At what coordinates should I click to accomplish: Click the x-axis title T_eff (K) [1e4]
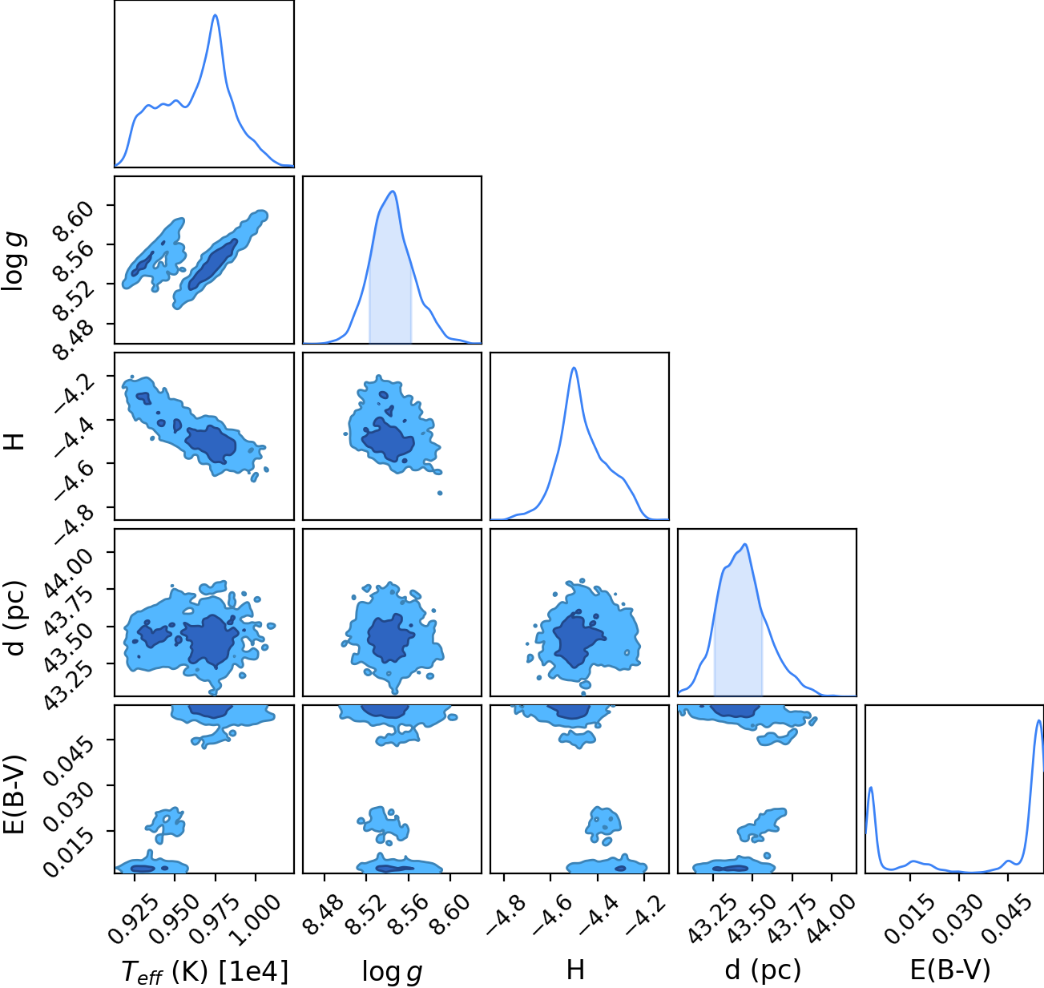pyautogui.click(x=205, y=971)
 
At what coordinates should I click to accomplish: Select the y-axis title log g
pyautogui.click(x=14, y=260)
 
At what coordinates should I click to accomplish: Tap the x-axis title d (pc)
pyautogui.click(x=763, y=970)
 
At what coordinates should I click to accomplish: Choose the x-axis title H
pyautogui.click(x=575, y=970)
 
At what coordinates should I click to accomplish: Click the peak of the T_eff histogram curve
pyautogui.click(x=215, y=15)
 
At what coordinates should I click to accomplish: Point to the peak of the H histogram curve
pyautogui.click(x=574, y=368)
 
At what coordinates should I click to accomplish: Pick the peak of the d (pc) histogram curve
pyautogui.click(x=746, y=544)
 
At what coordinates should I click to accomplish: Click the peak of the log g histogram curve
pyautogui.click(x=393, y=192)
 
